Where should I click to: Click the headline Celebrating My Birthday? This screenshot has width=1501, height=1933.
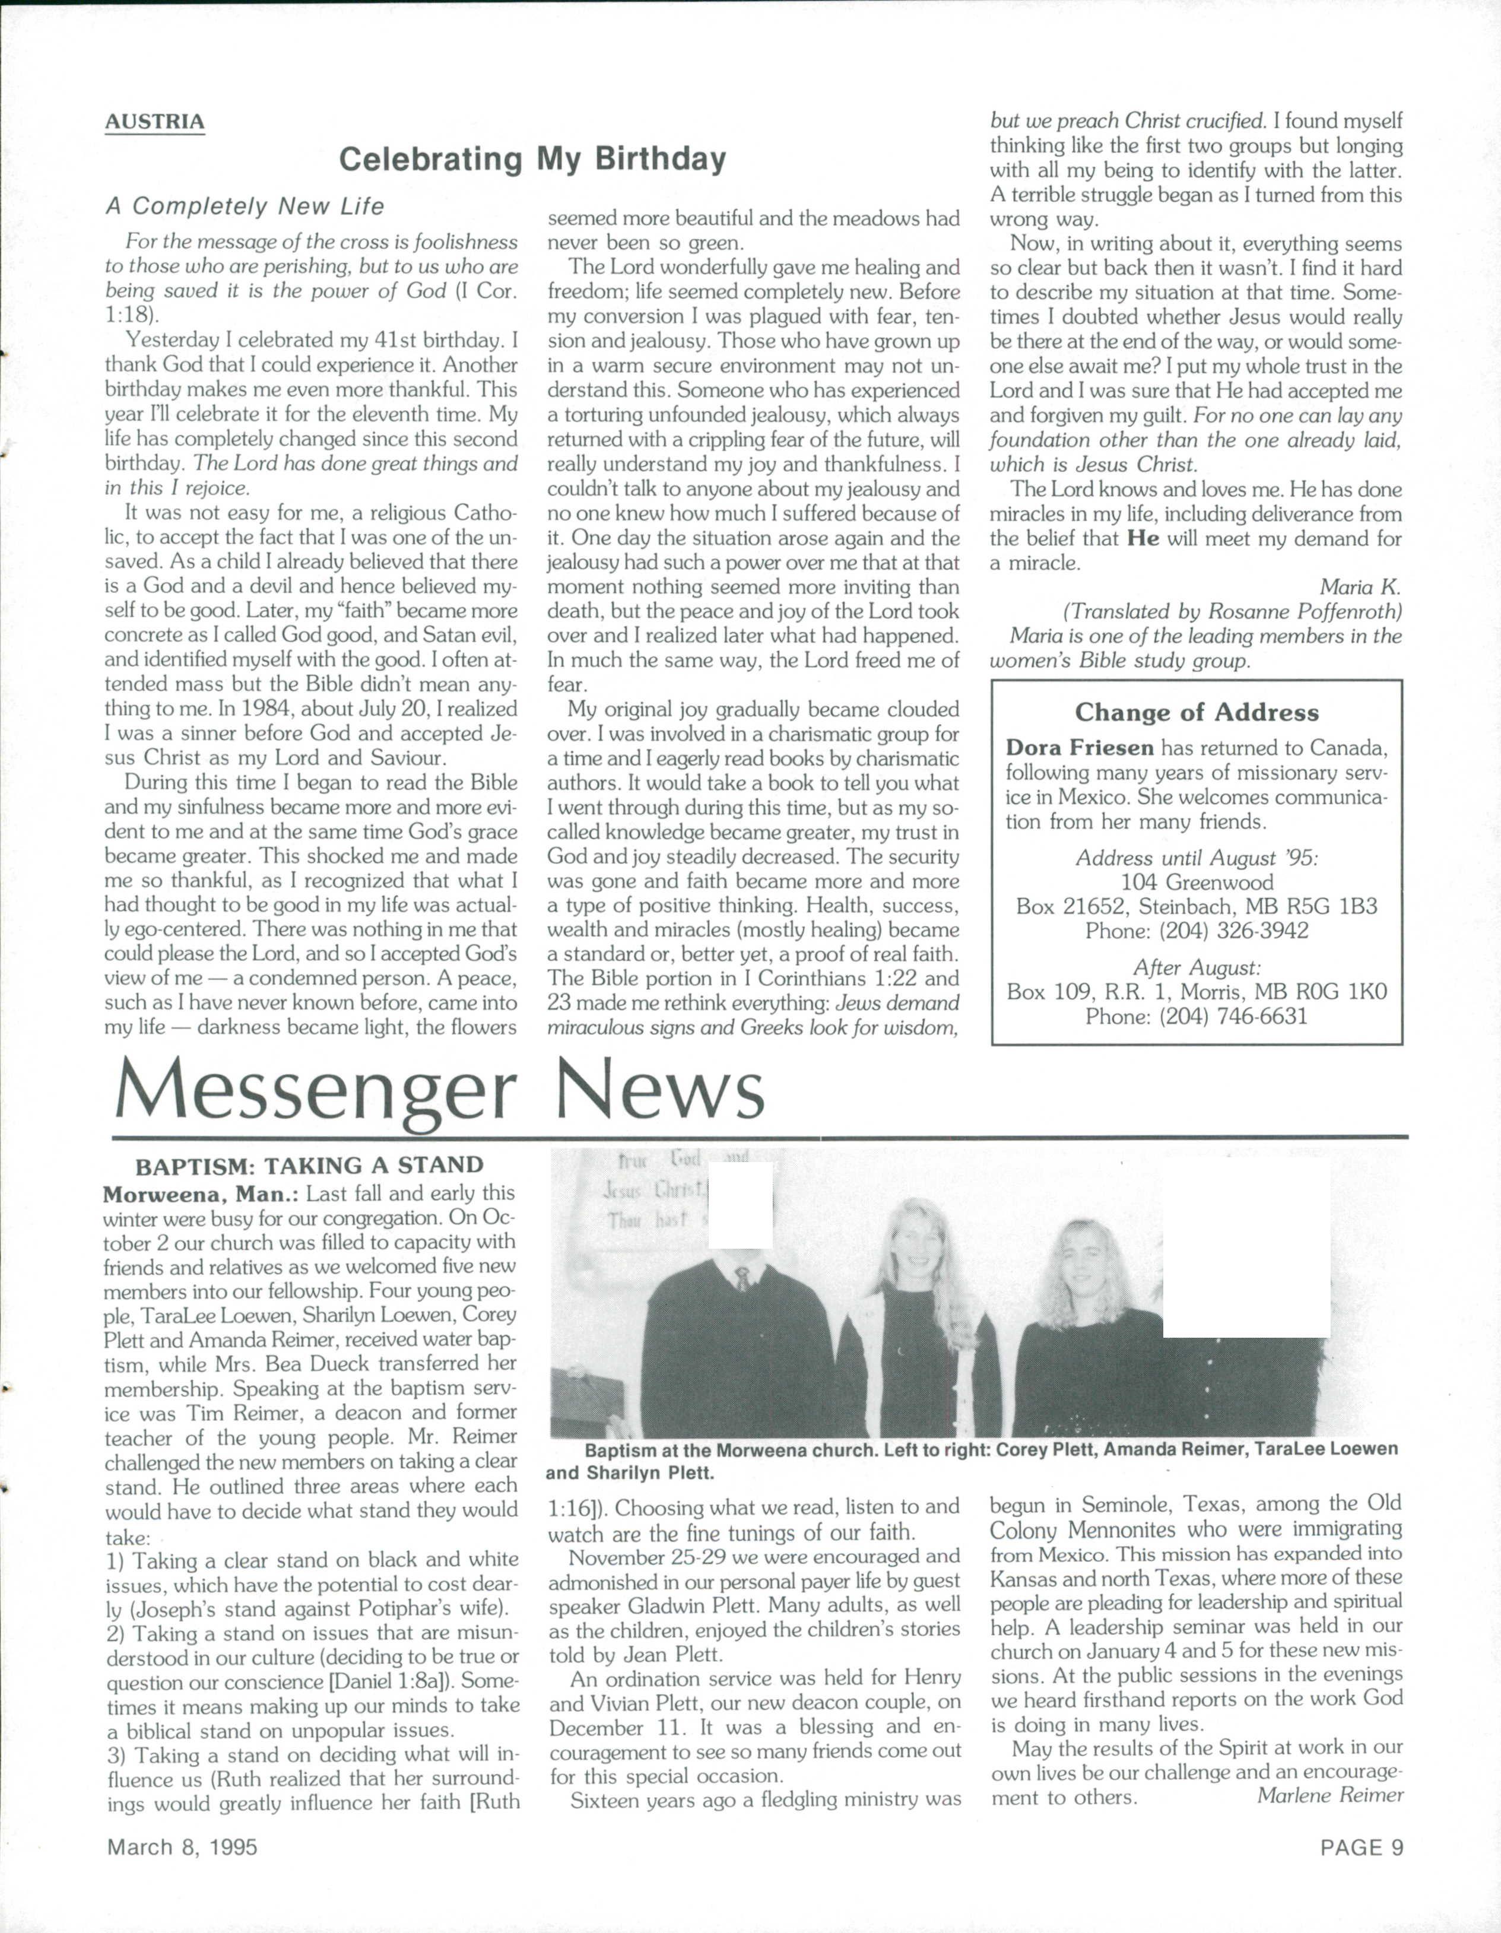pyautogui.click(x=533, y=159)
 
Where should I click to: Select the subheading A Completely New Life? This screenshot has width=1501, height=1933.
pyautogui.click(x=245, y=206)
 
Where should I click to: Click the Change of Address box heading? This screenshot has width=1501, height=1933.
pyautogui.click(x=1197, y=712)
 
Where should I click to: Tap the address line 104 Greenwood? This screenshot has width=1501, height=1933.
pyautogui.click(x=1197, y=883)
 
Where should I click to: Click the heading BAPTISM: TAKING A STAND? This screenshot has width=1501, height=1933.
pyautogui.click(x=309, y=1166)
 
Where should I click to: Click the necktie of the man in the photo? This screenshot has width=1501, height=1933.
pyautogui.click(x=742, y=1277)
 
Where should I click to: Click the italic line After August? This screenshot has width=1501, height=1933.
pyautogui.click(x=1197, y=967)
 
